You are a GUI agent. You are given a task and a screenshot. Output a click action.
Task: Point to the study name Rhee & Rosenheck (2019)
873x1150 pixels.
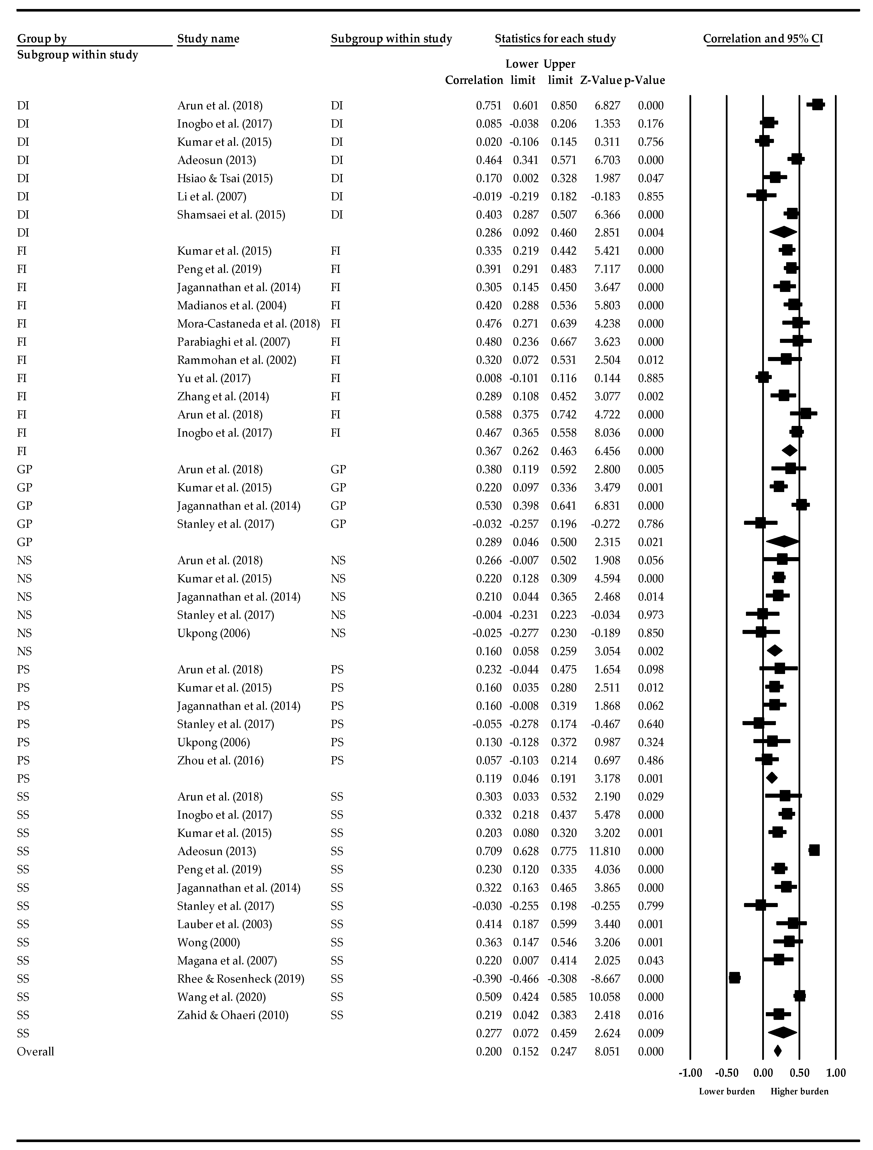[241, 978]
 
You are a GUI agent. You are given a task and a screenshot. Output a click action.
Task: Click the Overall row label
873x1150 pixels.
[35, 1051]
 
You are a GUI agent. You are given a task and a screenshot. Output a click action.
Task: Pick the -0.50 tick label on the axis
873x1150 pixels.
[726, 1073]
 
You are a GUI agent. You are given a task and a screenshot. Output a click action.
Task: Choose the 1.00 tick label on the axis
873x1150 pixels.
[836, 1073]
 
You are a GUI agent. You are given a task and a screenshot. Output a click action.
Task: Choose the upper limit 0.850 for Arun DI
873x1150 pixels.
[564, 106]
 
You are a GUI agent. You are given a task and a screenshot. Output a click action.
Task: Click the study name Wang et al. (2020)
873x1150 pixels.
[221, 997]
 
